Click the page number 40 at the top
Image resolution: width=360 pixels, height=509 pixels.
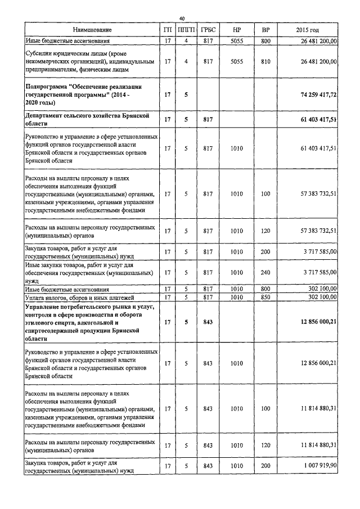coord(181,17)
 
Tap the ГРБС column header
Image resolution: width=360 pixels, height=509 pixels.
coord(208,29)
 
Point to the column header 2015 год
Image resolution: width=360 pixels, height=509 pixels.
coord(311,29)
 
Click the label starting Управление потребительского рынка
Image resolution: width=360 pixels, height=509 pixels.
coord(90,323)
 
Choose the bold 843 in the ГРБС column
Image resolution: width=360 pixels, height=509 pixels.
coord(208,323)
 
